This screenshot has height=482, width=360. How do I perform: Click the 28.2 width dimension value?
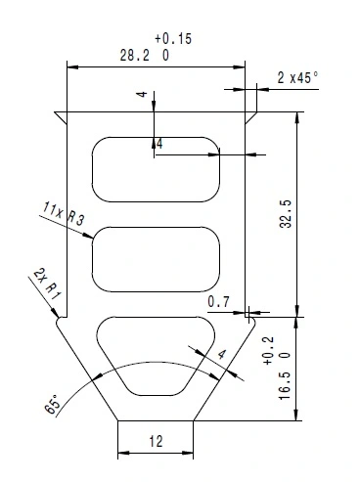(x=135, y=56)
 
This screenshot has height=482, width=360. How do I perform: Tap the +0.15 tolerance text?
(x=173, y=38)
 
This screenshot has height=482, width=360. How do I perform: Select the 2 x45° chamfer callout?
(x=297, y=77)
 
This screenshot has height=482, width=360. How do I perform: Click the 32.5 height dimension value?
(x=286, y=214)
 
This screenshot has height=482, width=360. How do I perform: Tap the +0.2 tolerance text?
(x=268, y=351)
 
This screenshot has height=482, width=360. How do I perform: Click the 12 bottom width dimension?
(x=156, y=441)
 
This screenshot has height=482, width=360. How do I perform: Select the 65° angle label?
(x=53, y=404)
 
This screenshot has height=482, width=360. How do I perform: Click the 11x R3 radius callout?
(x=63, y=214)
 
